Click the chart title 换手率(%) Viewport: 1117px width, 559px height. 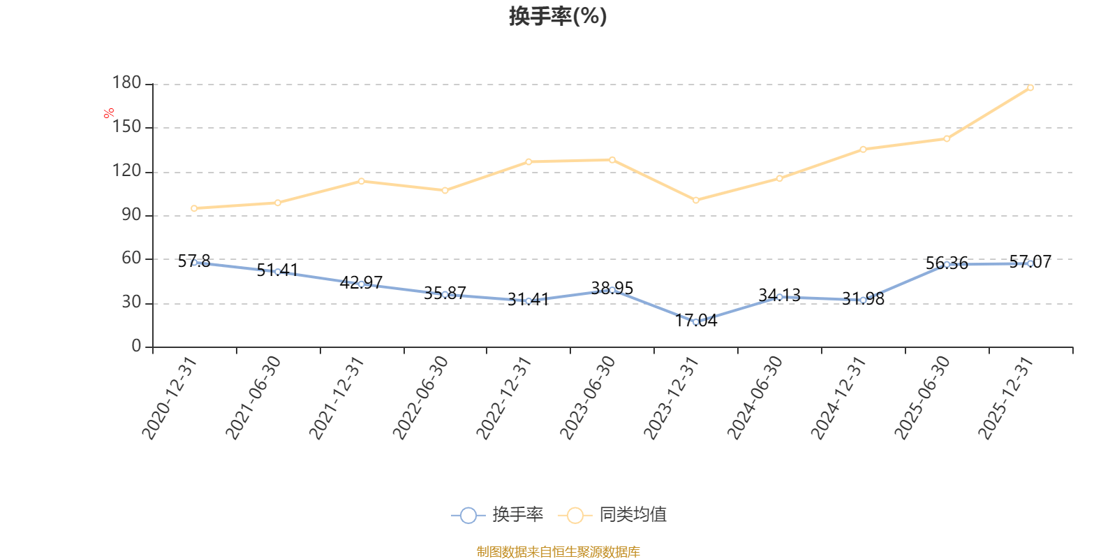pyautogui.click(x=558, y=16)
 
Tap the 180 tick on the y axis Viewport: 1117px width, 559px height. pyautogui.click(x=126, y=83)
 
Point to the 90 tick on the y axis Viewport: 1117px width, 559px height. pyautogui.click(x=131, y=215)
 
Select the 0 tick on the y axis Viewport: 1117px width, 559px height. pyautogui.click(x=136, y=347)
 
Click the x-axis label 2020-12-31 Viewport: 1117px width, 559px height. pyautogui.click(x=170, y=398)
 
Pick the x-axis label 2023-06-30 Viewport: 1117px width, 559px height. pyautogui.click(x=588, y=398)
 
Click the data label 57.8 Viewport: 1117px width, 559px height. pyautogui.click(x=193, y=261)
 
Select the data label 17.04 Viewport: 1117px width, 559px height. pyautogui.click(x=696, y=321)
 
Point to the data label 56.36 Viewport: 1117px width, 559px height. pyautogui.click(x=947, y=263)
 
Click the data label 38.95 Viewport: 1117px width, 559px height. pyautogui.click(x=612, y=288)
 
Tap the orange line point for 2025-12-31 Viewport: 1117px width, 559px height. pyautogui.click(x=1030, y=87)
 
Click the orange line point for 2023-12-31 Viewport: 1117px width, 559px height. pyautogui.click(x=696, y=201)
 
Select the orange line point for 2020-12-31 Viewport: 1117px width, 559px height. pyautogui.click(x=194, y=208)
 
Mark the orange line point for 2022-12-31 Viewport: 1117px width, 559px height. pyautogui.click(x=528, y=161)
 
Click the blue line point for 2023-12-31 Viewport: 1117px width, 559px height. pyautogui.click(x=696, y=322)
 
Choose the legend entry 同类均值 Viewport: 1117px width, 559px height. pyautogui.click(x=614, y=515)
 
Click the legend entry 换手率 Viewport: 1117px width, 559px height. pyautogui.click(x=498, y=515)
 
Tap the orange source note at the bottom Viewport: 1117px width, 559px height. pyautogui.click(x=558, y=552)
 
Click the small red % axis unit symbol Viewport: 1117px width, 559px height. pyautogui.click(x=109, y=113)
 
